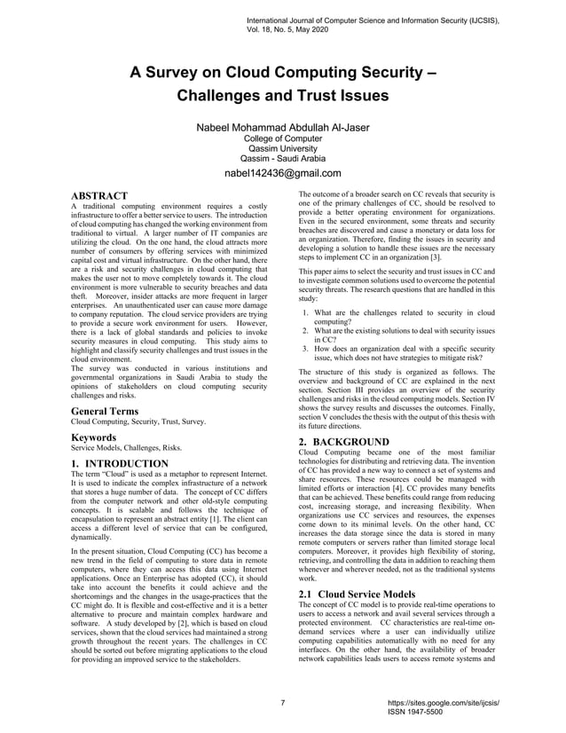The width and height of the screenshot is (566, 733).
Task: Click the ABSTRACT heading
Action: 99,195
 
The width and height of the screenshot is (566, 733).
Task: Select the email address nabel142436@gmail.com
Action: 282,173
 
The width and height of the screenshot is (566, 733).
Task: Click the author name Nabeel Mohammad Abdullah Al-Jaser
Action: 282,128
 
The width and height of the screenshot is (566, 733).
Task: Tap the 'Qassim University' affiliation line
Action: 282,149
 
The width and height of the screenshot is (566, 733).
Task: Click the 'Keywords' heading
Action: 94,438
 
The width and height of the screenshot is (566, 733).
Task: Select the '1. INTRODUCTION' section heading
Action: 119,463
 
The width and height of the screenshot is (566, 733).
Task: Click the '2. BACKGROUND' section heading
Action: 344,442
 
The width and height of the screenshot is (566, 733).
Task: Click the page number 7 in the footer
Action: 282,704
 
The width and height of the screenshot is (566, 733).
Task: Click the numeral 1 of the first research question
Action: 304,313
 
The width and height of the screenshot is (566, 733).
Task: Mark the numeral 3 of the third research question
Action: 304,350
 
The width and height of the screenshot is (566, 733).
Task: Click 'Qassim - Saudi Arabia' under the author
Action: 282,159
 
